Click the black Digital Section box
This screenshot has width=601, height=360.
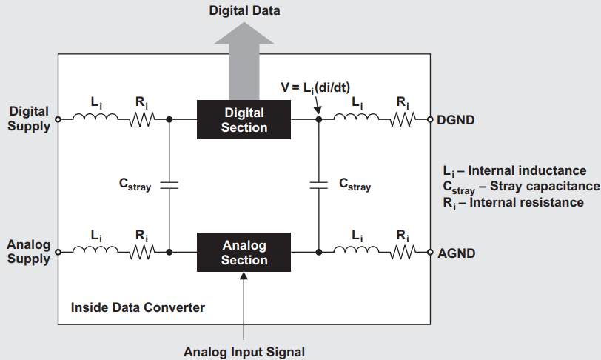[244, 119]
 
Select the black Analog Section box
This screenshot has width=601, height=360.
[244, 253]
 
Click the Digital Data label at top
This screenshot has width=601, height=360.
[244, 10]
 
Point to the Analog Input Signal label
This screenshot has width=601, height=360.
[244, 352]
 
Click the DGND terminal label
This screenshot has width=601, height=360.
[457, 119]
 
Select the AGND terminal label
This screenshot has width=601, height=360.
[457, 253]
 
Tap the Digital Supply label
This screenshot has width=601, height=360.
[30, 119]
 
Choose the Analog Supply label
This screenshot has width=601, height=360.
[30, 252]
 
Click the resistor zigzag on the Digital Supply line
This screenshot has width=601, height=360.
[142, 119]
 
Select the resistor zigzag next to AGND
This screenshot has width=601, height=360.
[403, 253]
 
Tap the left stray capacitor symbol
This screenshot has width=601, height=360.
[169, 185]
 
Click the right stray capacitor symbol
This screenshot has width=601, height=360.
[318, 185]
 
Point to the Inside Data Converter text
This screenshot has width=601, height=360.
[137, 307]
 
